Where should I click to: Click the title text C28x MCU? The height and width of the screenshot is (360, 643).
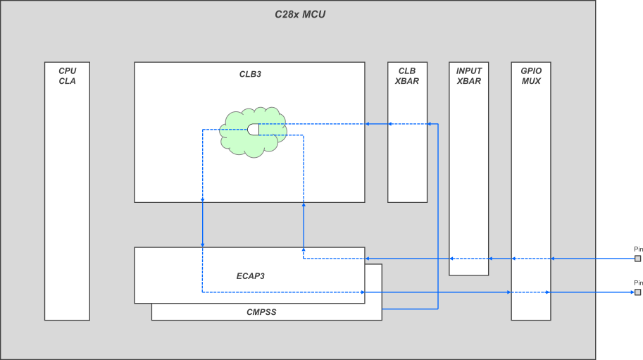coord(300,14)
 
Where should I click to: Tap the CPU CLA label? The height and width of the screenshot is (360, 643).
coord(67,76)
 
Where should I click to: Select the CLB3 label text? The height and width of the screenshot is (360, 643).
coord(250,74)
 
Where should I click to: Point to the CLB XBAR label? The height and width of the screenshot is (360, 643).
coord(407,76)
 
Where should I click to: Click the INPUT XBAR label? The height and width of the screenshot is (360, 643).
coord(468,76)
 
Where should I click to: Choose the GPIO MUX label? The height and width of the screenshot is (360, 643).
coord(531,76)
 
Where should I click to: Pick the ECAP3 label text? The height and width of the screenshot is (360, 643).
coord(250,275)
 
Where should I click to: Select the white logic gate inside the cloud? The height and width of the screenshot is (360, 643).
coord(254,129)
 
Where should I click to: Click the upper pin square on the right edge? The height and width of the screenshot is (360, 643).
coord(637,259)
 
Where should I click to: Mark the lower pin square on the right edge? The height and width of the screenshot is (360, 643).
coord(637,292)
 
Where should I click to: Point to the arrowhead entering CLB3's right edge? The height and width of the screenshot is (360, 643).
coord(368,124)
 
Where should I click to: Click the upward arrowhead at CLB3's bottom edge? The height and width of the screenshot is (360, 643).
coord(304,206)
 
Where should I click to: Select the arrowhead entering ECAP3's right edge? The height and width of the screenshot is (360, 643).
coord(368,259)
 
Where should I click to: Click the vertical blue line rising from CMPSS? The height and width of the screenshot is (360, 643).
coord(438,211)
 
